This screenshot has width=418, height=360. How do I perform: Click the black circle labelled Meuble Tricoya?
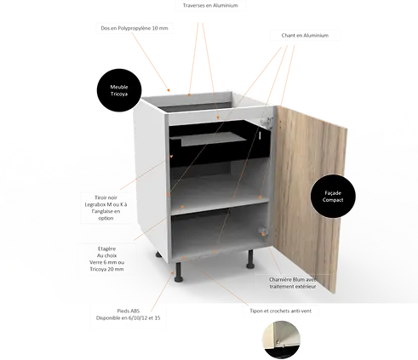(x=119, y=90)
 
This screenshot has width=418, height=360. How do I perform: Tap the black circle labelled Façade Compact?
(x=333, y=197)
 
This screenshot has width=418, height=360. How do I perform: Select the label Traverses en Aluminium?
(x=210, y=5)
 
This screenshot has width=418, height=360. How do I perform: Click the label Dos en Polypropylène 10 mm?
(x=135, y=28)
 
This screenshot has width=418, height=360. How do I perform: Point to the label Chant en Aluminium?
(x=305, y=36)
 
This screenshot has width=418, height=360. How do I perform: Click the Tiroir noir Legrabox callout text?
(x=106, y=208)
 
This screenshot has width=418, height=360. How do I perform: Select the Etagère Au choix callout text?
(x=106, y=259)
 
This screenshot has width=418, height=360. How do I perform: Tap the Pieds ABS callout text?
(x=128, y=314)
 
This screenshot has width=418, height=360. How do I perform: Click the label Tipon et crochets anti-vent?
(x=280, y=311)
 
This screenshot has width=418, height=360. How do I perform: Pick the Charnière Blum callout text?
(x=293, y=283)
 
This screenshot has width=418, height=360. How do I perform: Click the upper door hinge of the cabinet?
(x=266, y=123)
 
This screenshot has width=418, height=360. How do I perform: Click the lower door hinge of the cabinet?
(x=263, y=231)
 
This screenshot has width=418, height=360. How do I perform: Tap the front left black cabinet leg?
(x=179, y=271)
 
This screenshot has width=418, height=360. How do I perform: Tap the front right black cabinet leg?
(x=250, y=259)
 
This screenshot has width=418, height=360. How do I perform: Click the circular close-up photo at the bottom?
(x=281, y=340)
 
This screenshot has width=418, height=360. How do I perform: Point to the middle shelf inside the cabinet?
(x=220, y=206)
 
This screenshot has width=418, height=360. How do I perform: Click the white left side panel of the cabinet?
(x=151, y=176)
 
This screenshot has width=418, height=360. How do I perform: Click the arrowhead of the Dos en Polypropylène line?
(x=169, y=90)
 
